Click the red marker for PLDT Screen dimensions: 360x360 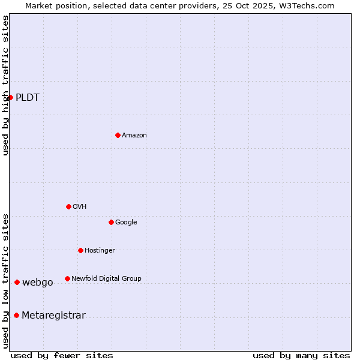(x=10, y=97)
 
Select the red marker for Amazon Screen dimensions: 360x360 (x=118, y=135)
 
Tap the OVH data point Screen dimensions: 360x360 (x=68, y=206)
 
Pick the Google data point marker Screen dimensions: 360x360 (x=111, y=222)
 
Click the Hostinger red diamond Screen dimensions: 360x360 (x=80, y=250)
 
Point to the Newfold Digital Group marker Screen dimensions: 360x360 (x=67, y=278)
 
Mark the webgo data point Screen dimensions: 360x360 (x=17, y=282)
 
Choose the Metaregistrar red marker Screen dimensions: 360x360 (x=16, y=316)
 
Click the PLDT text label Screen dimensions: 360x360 (x=28, y=98)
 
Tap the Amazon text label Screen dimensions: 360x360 (x=134, y=136)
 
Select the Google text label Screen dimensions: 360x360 (x=126, y=223)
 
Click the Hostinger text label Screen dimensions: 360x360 (x=100, y=251)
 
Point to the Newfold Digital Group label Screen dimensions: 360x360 (x=106, y=278)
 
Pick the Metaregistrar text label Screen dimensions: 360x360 (x=53, y=316)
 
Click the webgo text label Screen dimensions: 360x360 (x=38, y=283)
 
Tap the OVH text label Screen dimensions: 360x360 (x=80, y=207)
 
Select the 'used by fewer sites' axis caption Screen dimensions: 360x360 (x=62, y=356)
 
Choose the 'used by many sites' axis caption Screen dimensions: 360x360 (x=301, y=356)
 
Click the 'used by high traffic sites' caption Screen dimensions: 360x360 (x=5, y=86)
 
